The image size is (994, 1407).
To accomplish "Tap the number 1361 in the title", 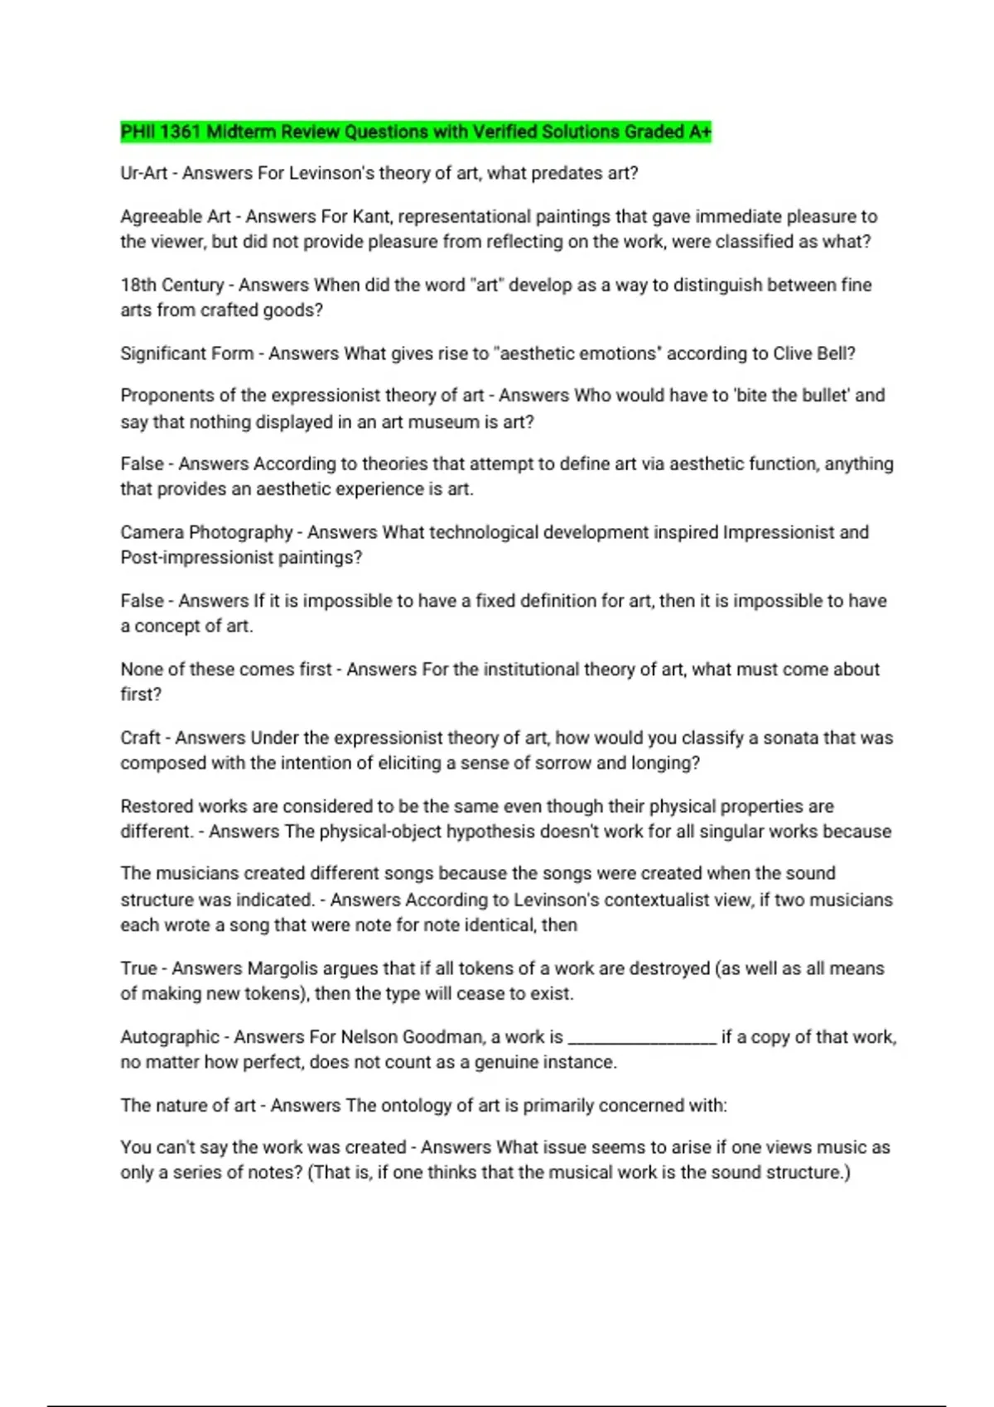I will coord(180,132).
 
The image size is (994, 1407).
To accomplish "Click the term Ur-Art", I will coord(144,173).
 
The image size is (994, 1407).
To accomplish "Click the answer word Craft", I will coord(140,737).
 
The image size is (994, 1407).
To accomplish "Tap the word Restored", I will coord(157,806).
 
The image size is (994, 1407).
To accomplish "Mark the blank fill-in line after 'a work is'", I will coord(642,1041).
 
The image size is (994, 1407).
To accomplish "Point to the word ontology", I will coord(415,1106).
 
